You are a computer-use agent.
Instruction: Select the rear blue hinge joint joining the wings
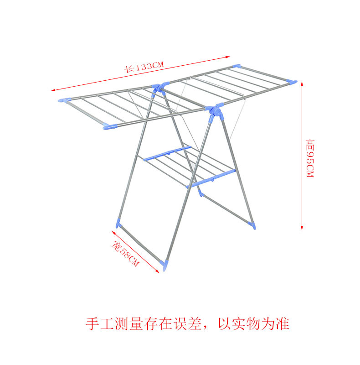coord(157,86)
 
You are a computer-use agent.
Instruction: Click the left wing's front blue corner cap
coord(110,127)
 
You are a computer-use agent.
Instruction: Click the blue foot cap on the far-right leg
coord(252,225)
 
